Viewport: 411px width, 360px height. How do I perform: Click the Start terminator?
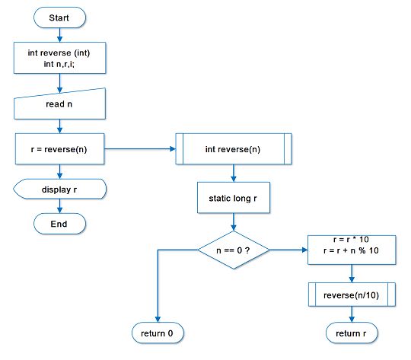click(59, 17)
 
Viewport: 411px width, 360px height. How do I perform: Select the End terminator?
click(59, 224)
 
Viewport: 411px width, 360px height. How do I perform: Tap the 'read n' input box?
click(59, 104)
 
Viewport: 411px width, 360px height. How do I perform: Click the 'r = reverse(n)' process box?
click(59, 149)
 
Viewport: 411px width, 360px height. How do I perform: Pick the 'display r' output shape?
click(59, 190)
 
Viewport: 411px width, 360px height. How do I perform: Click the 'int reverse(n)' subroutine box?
click(233, 149)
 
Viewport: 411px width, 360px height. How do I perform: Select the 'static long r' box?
click(233, 198)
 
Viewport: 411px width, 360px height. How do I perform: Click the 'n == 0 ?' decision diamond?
click(233, 250)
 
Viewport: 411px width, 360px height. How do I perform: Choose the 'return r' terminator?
click(351, 333)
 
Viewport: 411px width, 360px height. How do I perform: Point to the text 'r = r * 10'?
click(351, 239)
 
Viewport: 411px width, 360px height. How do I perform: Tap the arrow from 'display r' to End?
click(59, 206)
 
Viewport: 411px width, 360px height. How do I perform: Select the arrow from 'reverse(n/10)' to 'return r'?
click(351, 314)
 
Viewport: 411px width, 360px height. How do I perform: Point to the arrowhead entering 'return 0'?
click(158, 320)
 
